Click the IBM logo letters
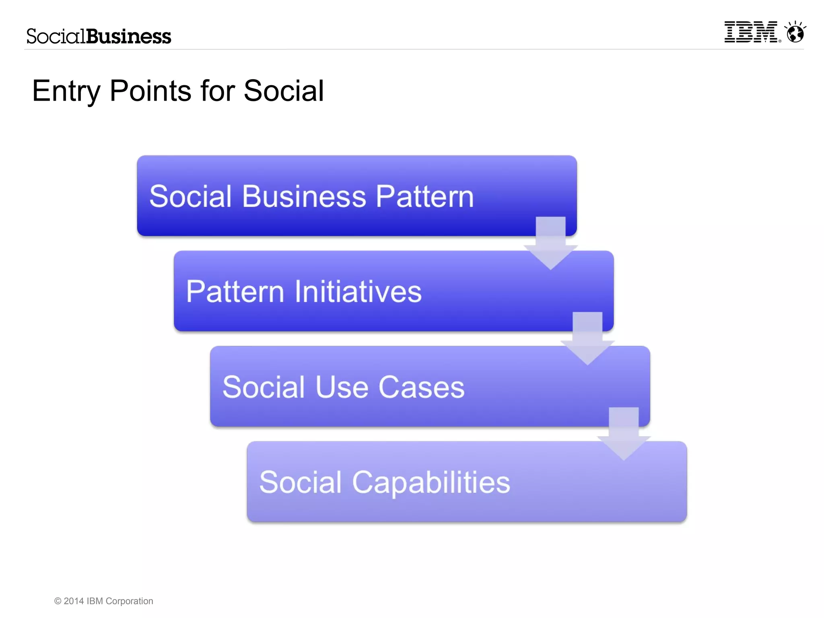pos(750,32)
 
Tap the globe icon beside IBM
pos(795,33)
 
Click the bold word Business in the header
pos(129,37)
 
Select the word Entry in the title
pos(66,92)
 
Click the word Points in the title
pos(150,91)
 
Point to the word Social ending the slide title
pos(284,91)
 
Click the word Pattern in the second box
pos(235,292)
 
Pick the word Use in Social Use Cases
pos(342,387)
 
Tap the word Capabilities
pos(431,482)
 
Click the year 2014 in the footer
pos(74,601)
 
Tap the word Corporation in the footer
pos(129,601)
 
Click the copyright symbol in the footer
pos(58,601)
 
